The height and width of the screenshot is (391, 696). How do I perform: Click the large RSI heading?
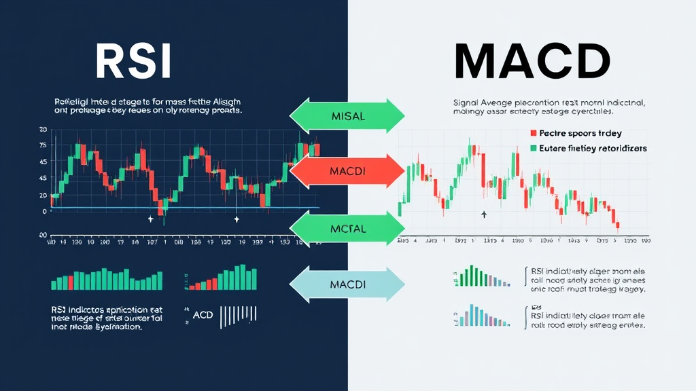[133, 63]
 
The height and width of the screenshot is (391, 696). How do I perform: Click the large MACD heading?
[532, 63]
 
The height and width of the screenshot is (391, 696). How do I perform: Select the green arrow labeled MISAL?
[347, 116]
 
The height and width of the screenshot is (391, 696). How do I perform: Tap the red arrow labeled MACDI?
[347, 171]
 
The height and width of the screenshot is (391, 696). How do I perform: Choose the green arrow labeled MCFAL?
[347, 229]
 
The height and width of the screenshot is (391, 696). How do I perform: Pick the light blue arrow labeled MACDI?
[347, 284]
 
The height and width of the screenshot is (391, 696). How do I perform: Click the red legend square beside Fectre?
[534, 134]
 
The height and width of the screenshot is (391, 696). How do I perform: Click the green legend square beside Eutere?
[534, 147]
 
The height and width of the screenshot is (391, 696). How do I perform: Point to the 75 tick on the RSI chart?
[43, 145]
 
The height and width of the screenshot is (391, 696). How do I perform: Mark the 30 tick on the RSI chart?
[43, 129]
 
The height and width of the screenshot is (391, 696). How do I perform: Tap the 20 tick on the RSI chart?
[43, 195]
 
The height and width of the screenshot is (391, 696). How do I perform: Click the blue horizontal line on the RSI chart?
[184, 208]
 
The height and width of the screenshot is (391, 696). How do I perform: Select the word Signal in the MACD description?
[467, 103]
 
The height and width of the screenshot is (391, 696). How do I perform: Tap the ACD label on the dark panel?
[203, 315]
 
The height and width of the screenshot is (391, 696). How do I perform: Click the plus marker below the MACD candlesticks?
[484, 215]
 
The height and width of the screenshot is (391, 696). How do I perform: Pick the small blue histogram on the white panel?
[483, 316]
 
